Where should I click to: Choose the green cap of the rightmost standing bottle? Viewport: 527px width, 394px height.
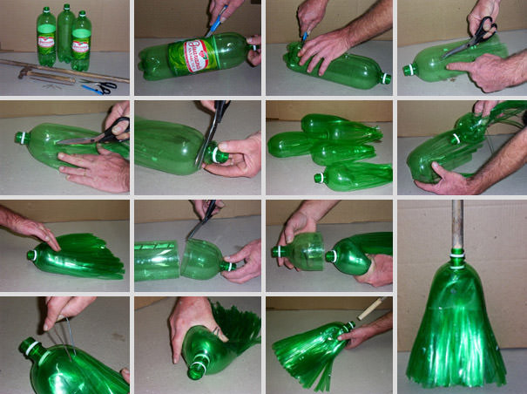82,14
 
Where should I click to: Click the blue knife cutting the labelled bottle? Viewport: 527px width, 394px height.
215,19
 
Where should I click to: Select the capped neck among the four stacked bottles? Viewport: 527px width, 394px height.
320,178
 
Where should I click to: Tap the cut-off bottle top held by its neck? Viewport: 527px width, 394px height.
301,253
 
